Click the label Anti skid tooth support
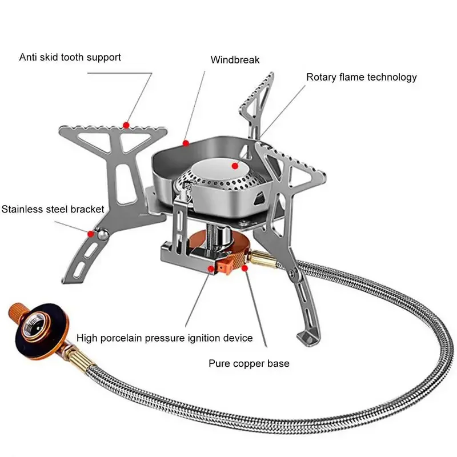pos(70,58)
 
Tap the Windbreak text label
pos(235,60)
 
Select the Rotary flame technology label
pos(362,77)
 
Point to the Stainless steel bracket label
pos(53,209)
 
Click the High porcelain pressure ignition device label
pos(165,338)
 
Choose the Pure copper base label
pos(248,363)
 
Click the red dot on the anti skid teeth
pos(126,125)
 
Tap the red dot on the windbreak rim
pos(185,142)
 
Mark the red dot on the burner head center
pos(234,166)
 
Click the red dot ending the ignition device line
pos(211,267)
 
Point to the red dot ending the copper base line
pos(244,267)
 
